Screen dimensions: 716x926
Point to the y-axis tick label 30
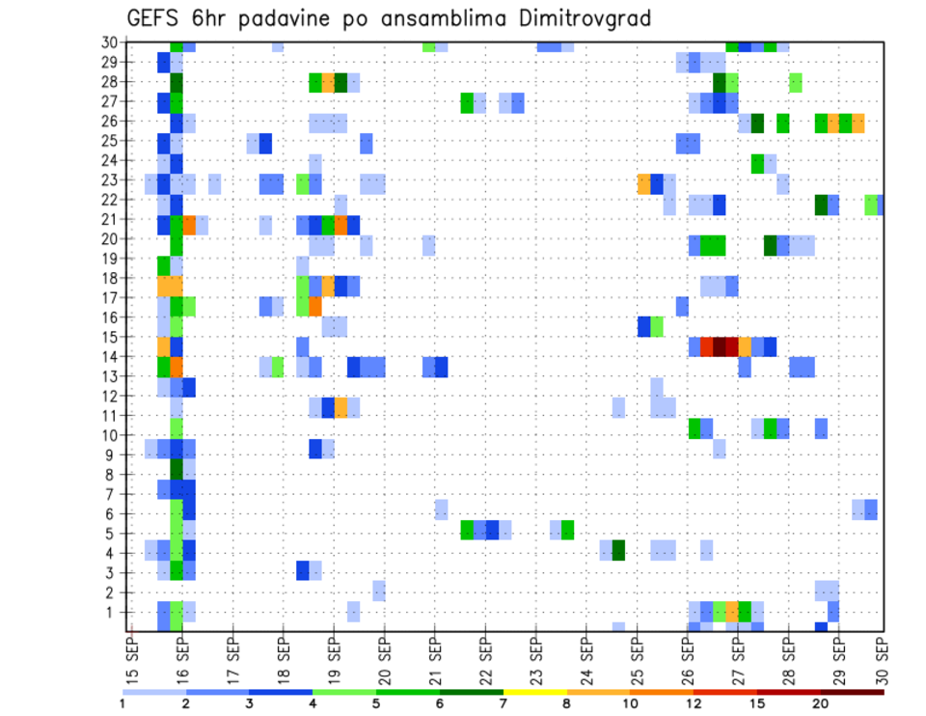[110, 41]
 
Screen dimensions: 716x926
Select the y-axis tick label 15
[110, 337]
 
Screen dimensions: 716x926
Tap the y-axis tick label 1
[114, 612]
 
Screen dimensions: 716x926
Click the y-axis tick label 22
[110, 199]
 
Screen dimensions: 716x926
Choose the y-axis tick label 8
[114, 474]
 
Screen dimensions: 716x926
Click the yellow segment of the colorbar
[534, 692]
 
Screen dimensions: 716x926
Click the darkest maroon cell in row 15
[720, 346]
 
